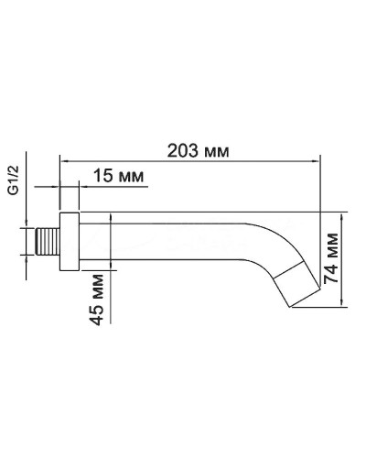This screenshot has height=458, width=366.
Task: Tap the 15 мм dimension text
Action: pos(118,176)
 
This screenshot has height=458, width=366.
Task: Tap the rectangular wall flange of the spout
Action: pos(70,243)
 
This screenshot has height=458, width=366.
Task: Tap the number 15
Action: pos(103,176)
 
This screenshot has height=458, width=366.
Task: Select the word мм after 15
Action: pos(131,176)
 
